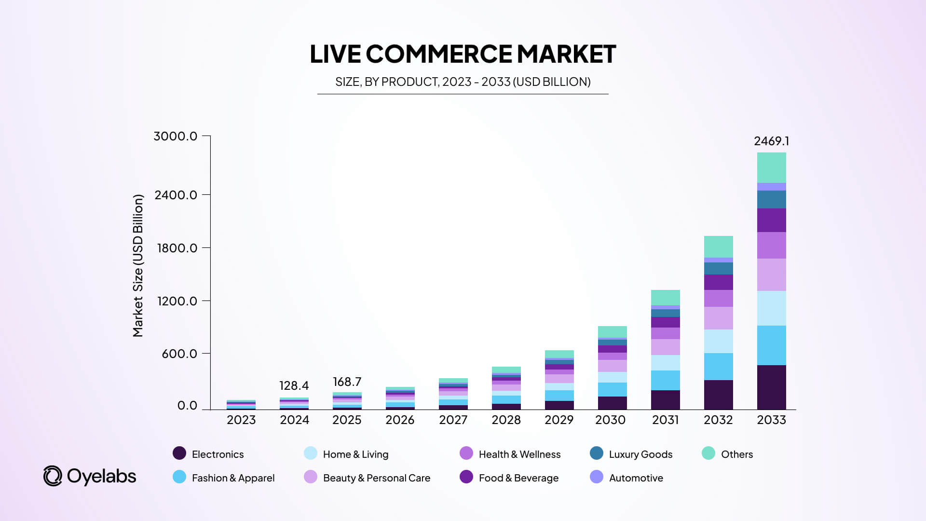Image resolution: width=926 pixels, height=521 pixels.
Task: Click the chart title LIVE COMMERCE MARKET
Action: (463, 54)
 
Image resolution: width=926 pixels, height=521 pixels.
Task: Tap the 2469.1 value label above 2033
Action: (771, 141)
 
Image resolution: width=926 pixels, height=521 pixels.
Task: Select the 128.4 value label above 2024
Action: (294, 385)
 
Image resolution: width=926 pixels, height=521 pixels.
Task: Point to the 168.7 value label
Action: (347, 382)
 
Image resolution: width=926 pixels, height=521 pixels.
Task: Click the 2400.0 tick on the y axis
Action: (176, 195)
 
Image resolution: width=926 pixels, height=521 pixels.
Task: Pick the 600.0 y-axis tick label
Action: (179, 354)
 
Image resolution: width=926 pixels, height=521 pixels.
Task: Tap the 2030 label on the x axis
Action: (610, 420)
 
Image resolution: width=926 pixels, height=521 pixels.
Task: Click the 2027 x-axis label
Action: (453, 420)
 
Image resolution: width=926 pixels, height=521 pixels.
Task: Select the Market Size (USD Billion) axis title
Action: (138, 265)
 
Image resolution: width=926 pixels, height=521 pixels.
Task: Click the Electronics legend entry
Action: (208, 454)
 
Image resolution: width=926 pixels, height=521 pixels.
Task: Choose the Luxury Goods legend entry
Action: (631, 454)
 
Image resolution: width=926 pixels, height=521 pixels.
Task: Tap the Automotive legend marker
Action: (597, 477)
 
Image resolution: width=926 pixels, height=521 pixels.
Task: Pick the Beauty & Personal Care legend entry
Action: (367, 478)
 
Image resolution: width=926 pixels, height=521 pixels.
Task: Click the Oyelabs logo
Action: (90, 476)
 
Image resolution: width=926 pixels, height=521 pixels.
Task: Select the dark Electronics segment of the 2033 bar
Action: (771, 387)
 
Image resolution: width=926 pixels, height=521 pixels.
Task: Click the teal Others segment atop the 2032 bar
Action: (718, 247)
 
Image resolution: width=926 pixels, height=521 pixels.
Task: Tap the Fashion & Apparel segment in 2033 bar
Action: (771, 345)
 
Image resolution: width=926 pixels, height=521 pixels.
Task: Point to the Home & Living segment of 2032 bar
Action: (718, 341)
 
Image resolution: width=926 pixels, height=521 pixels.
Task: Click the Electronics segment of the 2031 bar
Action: (665, 399)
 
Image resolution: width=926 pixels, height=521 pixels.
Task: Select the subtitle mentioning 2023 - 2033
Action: (463, 82)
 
